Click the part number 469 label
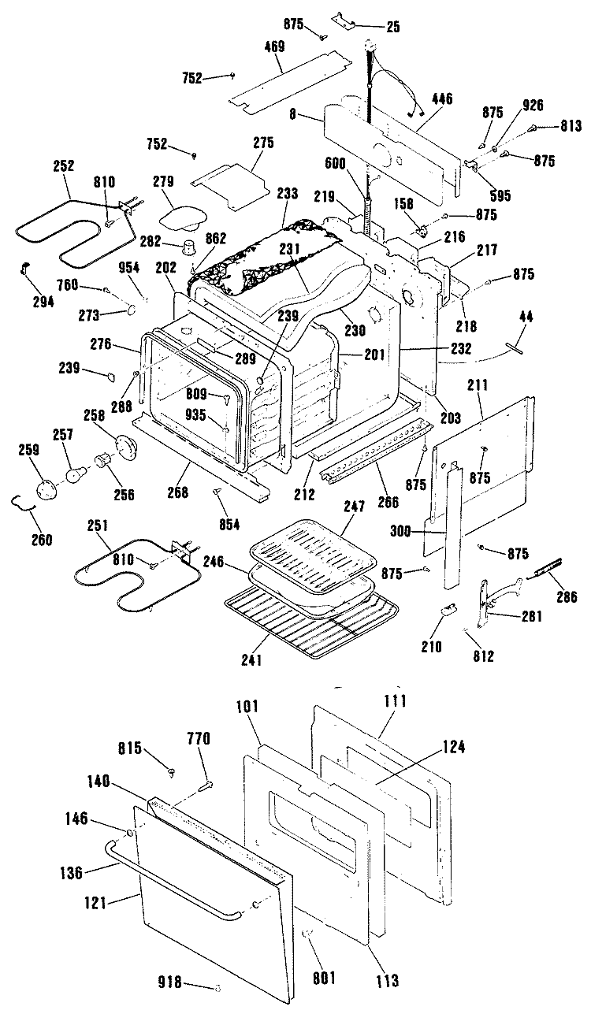pyautogui.click(x=275, y=46)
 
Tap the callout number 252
pyautogui.click(x=64, y=165)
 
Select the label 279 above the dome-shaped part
pyautogui.click(x=163, y=181)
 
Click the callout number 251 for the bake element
pyautogui.click(x=98, y=525)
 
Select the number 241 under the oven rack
pyautogui.click(x=251, y=659)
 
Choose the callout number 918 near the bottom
pyautogui.click(x=170, y=982)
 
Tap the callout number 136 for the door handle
pyautogui.click(x=72, y=873)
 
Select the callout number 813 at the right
pyautogui.click(x=570, y=125)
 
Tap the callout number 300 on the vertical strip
pyautogui.click(x=400, y=532)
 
